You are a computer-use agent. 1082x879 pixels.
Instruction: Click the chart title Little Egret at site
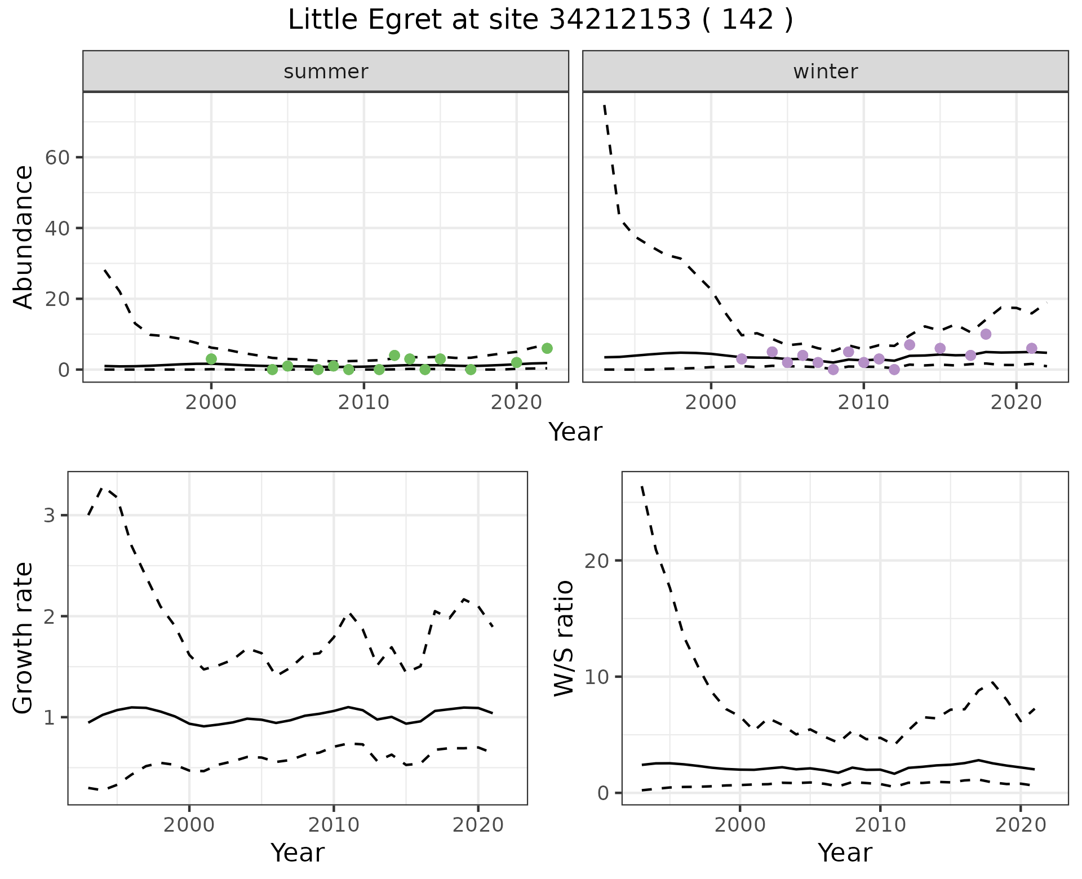click(540, 20)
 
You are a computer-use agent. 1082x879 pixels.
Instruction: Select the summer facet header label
click(326, 72)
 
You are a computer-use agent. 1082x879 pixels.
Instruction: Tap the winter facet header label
click(825, 72)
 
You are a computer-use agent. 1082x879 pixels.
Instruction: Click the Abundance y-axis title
click(24, 237)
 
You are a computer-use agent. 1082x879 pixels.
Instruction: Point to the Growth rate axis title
click(24, 638)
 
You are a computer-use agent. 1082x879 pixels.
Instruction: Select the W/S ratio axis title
click(564, 638)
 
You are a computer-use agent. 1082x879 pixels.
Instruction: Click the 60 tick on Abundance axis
click(56, 157)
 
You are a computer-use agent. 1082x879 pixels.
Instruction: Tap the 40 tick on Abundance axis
click(56, 228)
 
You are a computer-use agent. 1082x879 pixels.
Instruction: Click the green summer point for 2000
click(211, 359)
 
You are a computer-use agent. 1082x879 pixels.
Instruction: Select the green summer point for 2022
click(547, 348)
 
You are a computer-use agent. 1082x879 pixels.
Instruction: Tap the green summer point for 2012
click(394, 356)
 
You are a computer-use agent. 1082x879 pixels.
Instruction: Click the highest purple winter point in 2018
click(986, 334)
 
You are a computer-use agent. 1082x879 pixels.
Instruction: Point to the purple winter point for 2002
click(742, 359)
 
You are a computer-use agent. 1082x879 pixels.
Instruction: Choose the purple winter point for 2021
click(1031, 348)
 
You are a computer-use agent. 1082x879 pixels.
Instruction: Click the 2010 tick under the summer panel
click(363, 404)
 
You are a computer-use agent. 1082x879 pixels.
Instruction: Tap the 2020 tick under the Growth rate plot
click(478, 825)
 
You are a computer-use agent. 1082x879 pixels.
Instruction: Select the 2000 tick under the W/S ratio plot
click(739, 825)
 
